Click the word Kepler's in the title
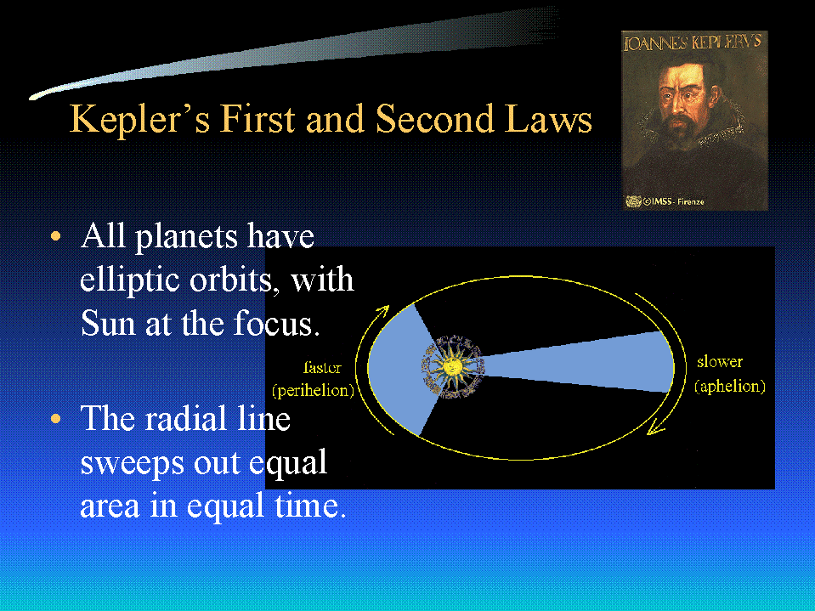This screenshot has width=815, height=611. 140,120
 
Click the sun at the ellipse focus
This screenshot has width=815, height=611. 453,367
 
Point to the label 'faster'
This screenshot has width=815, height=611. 322,367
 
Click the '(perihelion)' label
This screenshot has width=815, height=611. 313,390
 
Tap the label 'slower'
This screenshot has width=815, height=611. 720,362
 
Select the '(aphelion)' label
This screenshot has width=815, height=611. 730,386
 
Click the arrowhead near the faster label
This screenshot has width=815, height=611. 383,311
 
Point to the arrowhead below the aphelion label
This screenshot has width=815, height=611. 655,428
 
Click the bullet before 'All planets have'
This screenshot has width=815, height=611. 55,237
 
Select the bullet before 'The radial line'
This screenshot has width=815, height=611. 55,419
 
